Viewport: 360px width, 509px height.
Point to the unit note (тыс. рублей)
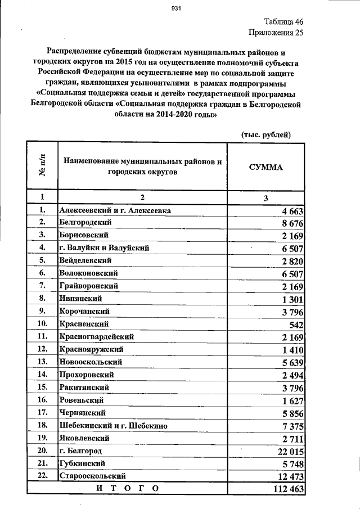click(265, 134)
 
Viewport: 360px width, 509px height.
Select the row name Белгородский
click(83, 223)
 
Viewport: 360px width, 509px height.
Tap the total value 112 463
click(287, 489)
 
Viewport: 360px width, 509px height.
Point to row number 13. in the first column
click(42, 361)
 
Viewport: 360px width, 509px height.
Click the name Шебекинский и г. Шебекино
click(113, 425)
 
